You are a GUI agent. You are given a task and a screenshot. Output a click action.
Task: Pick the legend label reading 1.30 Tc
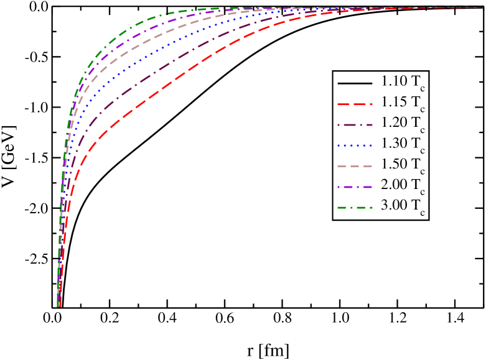[x=403, y=145]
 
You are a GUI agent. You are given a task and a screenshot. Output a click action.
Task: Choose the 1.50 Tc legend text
[x=403, y=166]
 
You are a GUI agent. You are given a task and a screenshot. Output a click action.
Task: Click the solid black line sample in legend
[x=355, y=83]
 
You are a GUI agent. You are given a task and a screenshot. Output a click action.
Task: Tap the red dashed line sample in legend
[x=355, y=103]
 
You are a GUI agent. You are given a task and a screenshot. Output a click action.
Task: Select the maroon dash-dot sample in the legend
[x=355, y=124]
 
